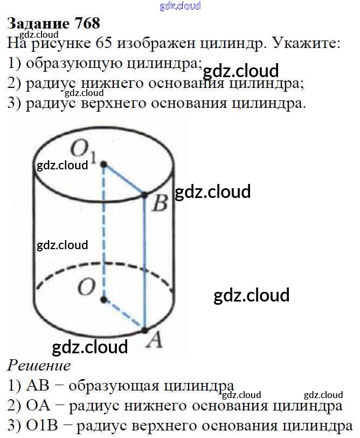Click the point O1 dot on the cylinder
click(103, 163)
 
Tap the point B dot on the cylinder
click(144, 194)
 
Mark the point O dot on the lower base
click(103, 298)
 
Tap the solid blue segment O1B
click(124, 179)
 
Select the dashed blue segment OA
click(124, 313)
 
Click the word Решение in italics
click(39, 366)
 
